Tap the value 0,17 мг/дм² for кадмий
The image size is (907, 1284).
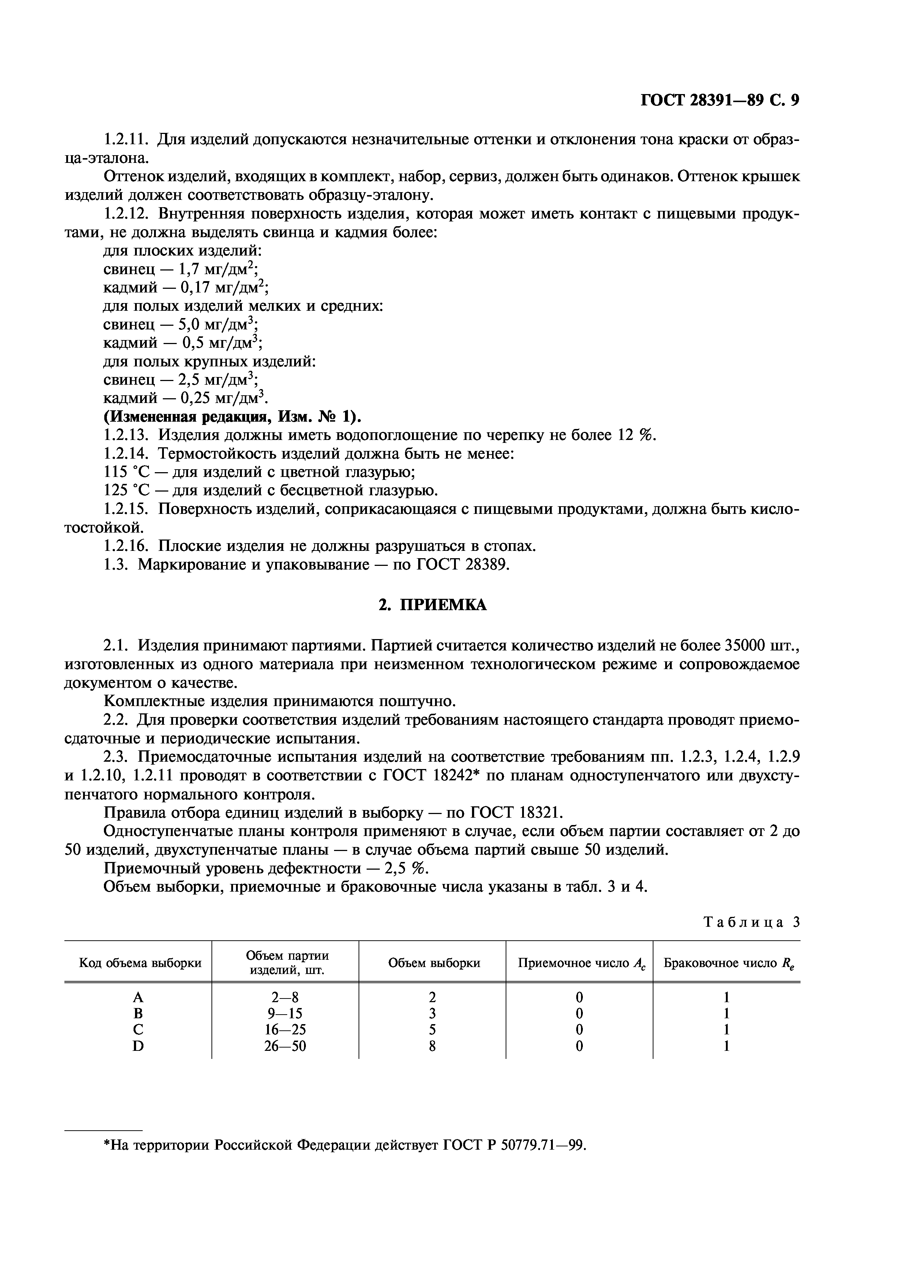click(224, 288)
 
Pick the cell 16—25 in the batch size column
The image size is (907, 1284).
click(285, 1030)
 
